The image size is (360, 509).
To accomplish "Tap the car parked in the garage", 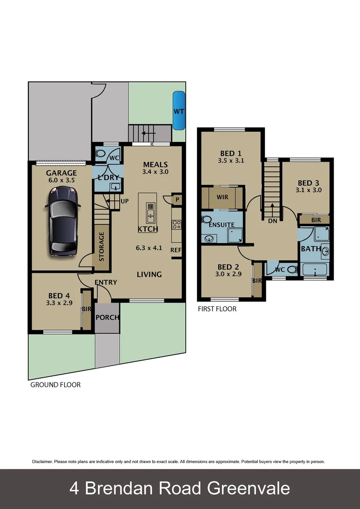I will (x=63, y=219).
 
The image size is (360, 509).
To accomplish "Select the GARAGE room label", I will (x=61, y=173).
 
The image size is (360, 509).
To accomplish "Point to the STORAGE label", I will (x=101, y=246).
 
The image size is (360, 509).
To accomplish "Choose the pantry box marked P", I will (x=176, y=199).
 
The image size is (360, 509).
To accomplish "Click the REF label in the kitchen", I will (x=176, y=250).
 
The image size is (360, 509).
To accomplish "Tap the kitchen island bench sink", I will (x=150, y=213).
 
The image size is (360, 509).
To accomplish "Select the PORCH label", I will (x=107, y=317).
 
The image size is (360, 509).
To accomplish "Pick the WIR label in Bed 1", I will (x=222, y=197).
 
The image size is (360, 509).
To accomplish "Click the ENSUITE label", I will (x=221, y=225).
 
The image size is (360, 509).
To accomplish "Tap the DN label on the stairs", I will (x=272, y=221).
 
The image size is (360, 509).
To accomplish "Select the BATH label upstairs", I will (x=311, y=248).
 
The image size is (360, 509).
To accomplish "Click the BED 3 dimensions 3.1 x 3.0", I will (x=310, y=190).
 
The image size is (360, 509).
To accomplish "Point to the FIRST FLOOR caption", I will (x=217, y=309).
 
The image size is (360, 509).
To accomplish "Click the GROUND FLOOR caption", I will (x=55, y=385).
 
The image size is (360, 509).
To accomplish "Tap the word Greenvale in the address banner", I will (x=249, y=488).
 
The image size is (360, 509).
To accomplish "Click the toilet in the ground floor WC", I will (x=101, y=153).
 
